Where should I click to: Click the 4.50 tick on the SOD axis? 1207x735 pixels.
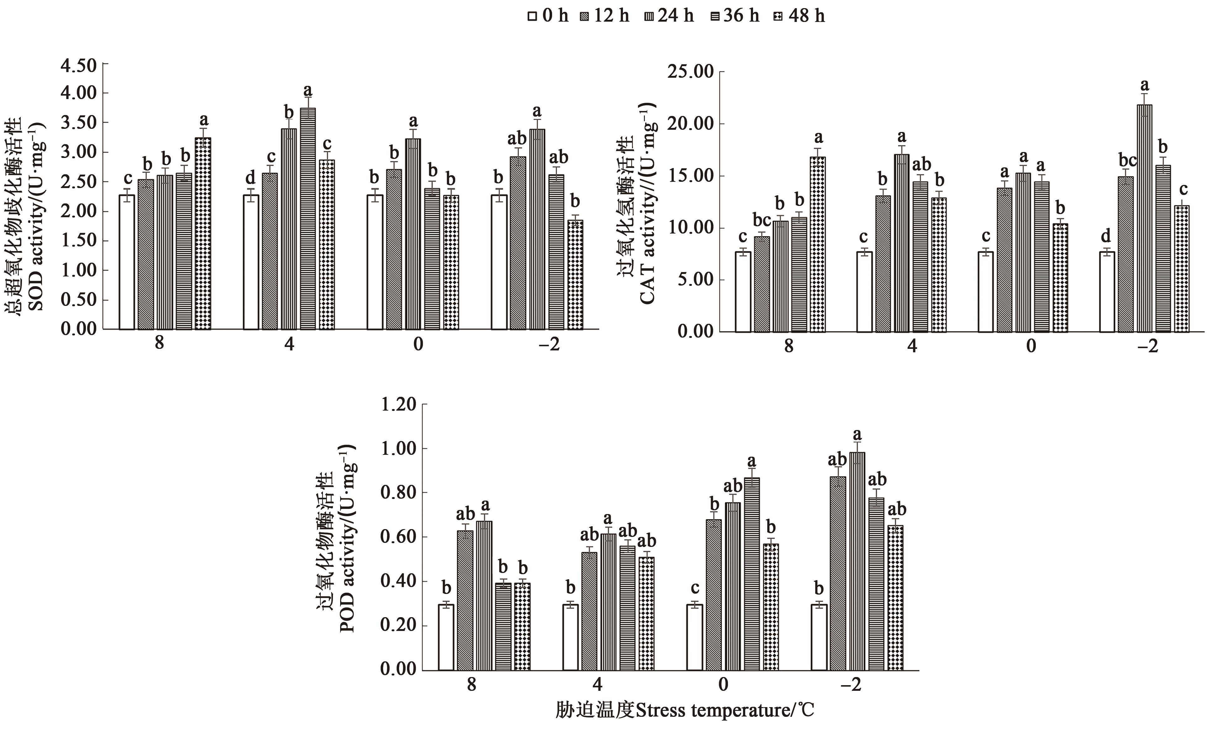tap(78, 65)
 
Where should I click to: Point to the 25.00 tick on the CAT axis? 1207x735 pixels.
tap(690, 72)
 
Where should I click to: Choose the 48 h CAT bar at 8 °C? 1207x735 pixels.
tap(817, 244)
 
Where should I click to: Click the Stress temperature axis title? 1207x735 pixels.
tap(684, 710)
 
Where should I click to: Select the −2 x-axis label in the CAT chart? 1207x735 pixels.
tap(1147, 346)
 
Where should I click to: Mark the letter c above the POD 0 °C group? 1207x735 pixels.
tap(694, 588)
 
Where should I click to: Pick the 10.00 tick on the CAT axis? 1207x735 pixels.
tap(690, 228)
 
